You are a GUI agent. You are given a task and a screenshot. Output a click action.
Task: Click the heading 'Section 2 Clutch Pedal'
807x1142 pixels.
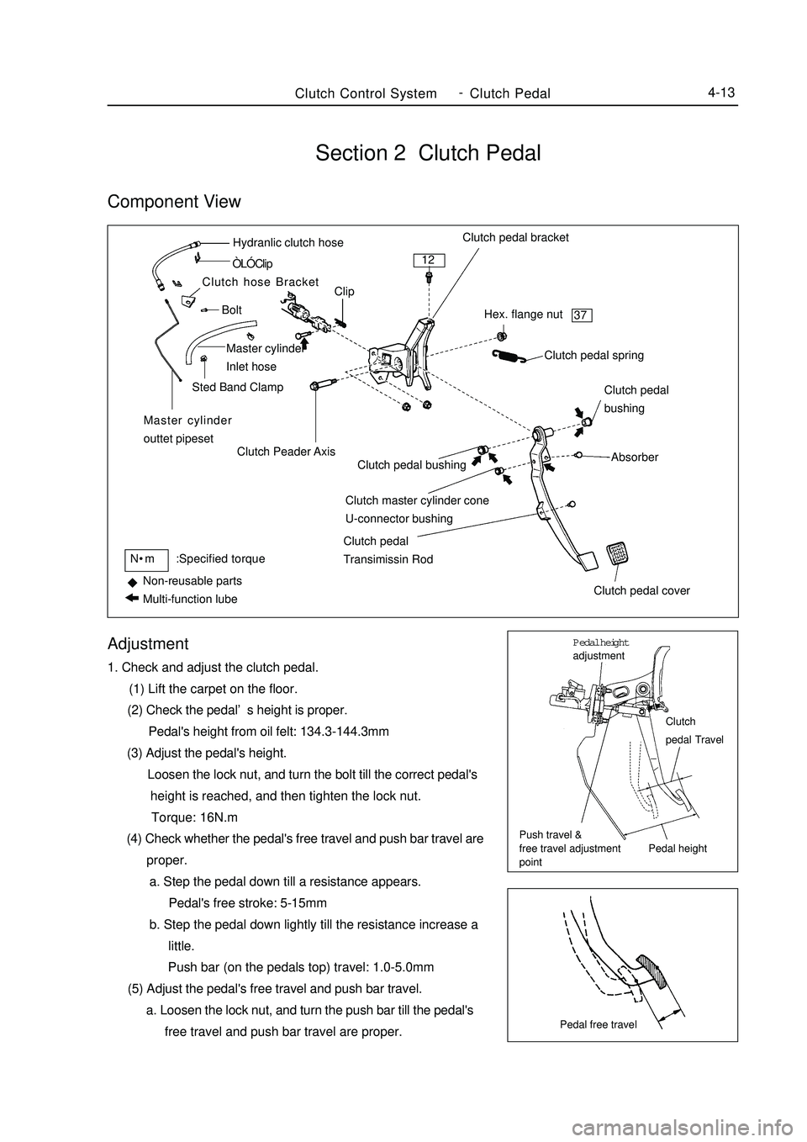[428, 153]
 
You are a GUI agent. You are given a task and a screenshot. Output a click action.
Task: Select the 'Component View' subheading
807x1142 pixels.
[174, 202]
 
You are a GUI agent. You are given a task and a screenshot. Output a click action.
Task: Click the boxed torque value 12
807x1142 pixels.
[430, 259]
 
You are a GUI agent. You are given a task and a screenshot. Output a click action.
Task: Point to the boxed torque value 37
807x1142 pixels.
[582, 315]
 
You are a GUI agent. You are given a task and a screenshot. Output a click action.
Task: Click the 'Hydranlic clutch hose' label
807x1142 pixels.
[287, 243]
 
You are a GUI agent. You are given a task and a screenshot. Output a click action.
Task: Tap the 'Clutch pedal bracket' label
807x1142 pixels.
[515, 237]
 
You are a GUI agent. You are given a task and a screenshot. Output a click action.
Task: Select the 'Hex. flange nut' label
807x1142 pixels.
[524, 315]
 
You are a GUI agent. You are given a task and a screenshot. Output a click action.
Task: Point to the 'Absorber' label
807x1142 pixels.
[635, 457]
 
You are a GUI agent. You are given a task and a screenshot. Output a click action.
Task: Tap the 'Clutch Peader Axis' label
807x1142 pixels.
[286, 452]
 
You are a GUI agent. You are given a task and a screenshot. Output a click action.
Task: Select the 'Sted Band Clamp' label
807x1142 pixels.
[238, 388]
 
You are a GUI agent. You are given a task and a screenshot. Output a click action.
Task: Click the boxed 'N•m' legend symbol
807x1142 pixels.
[144, 558]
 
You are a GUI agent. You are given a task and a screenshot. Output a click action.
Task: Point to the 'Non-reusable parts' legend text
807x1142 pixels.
[193, 581]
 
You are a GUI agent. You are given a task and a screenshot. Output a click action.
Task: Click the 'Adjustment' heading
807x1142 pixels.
[148, 644]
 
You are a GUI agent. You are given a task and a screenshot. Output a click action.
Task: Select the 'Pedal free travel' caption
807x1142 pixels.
[599, 1024]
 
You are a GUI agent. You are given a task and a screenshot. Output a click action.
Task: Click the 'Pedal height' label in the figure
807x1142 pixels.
[678, 849]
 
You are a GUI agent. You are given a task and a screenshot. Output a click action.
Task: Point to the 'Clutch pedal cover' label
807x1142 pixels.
[641, 590]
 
